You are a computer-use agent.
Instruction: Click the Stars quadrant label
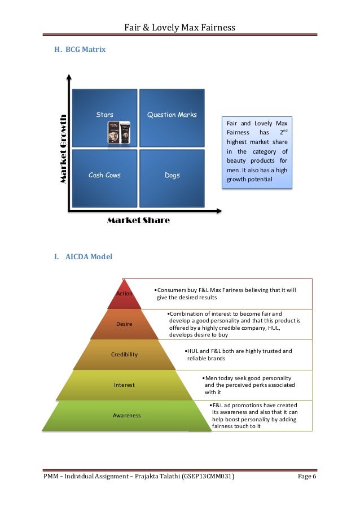coord(104,115)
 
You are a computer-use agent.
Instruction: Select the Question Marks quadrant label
coord(172,115)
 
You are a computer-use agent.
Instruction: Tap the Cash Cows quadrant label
coord(104,175)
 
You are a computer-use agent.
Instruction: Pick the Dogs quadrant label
coord(172,175)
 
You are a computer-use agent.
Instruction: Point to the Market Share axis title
coord(138,220)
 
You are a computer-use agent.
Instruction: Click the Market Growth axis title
coord(64,149)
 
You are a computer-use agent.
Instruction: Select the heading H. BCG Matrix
coord(80,50)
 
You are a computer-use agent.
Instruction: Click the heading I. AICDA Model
coord(83,257)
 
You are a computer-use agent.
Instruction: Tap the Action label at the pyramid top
coord(124,294)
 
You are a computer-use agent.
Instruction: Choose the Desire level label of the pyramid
coord(124,324)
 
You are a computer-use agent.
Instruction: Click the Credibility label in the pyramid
coord(125,354)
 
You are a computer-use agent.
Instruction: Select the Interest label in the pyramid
coord(124,385)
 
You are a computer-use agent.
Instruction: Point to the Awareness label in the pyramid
coord(127,415)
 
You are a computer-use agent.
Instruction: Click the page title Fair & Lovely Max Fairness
coord(180,27)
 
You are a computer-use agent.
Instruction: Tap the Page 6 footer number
coord(307,477)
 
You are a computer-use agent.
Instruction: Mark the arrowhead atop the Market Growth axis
coord(69,77)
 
